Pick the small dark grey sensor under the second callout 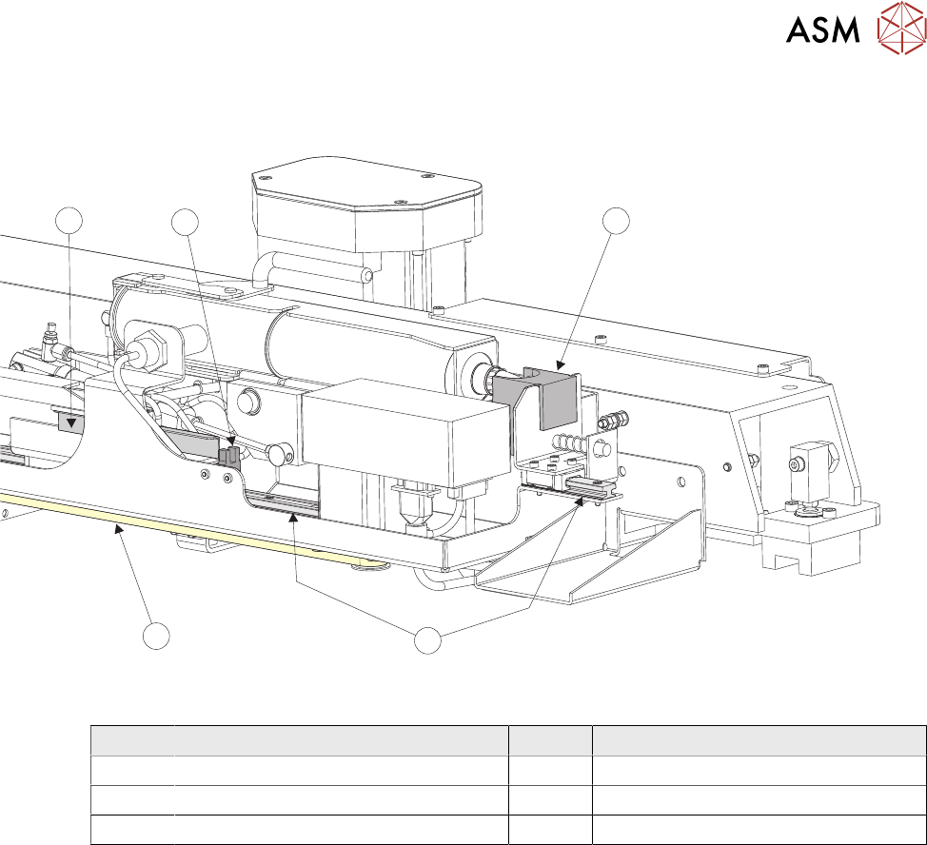tap(229, 456)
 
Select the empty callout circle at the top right tap(618, 220)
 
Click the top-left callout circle tap(69, 221)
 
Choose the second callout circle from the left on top tap(185, 222)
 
